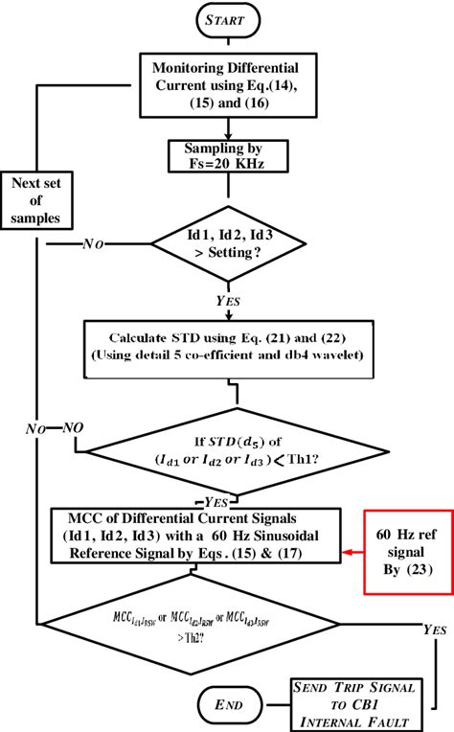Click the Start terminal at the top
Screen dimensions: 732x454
point(227,17)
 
